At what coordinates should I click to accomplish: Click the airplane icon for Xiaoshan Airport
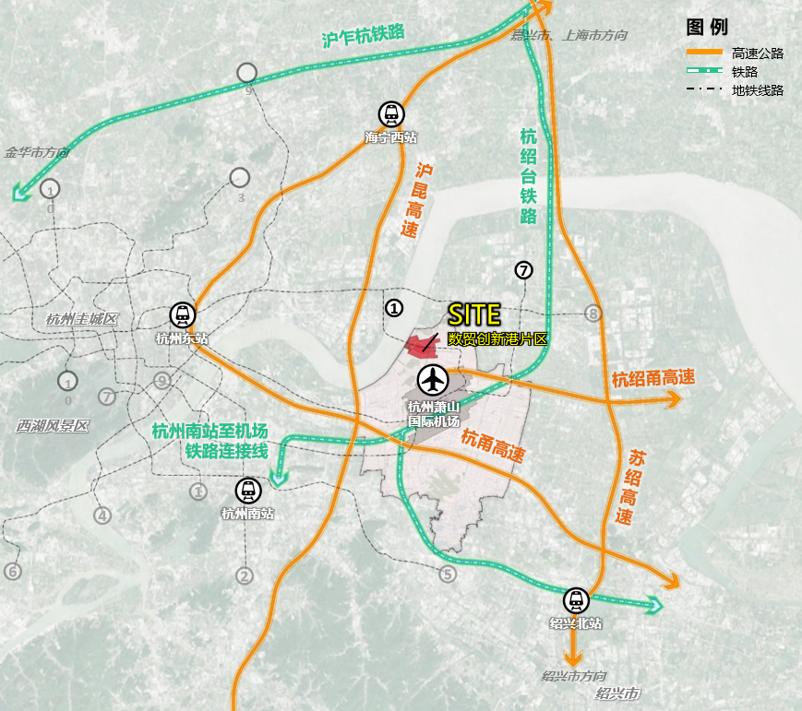click(433, 379)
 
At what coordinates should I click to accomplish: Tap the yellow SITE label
click(473, 315)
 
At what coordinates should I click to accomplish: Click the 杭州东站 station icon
click(183, 314)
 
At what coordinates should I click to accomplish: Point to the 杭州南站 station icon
click(247, 491)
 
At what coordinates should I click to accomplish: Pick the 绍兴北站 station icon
click(576, 601)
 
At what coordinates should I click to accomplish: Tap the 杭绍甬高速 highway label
click(652, 378)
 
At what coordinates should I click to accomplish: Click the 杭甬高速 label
click(493, 447)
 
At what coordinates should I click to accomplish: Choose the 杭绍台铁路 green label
click(529, 176)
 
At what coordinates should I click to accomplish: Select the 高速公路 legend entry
click(757, 53)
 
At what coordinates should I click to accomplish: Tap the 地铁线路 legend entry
click(757, 90)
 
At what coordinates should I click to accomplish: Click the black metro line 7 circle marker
click(524, 270)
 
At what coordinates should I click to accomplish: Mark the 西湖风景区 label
click(53, 426)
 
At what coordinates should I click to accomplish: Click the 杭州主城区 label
click(83, 319)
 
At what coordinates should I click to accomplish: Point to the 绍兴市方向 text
click(574, 676)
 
